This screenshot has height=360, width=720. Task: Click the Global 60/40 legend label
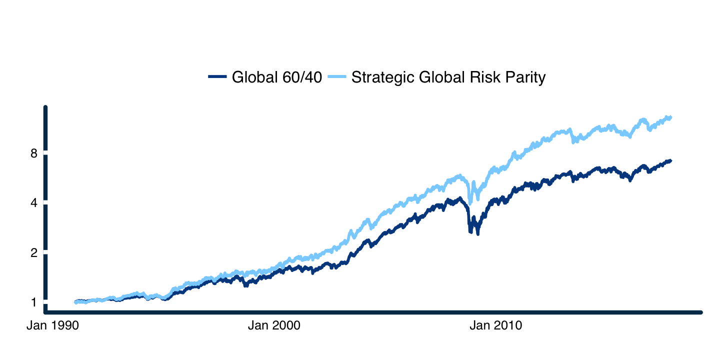tap(277, 77)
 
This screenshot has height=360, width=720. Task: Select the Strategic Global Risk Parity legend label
tap(448, 77)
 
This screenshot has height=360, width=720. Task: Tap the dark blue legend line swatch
tap(217, 77)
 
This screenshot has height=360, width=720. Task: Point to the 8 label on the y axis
tap(34, 153)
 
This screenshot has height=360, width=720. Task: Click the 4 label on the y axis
tap(34, 203)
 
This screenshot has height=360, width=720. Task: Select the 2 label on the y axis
tap(34, 253)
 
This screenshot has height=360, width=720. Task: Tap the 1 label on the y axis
tap(34, 302)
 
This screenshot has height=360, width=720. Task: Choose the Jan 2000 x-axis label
tap(274, 326)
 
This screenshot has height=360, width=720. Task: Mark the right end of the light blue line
tap(670, 117)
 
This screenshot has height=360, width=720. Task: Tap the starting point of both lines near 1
tap(75, 302)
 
